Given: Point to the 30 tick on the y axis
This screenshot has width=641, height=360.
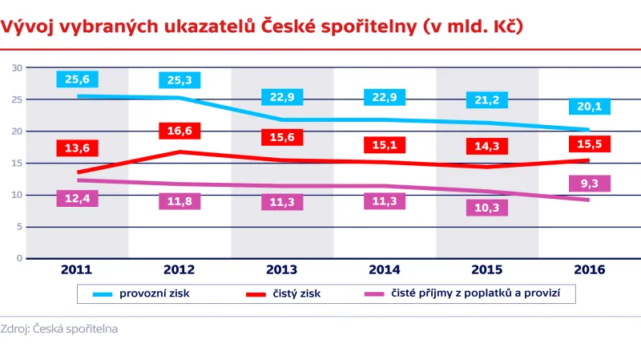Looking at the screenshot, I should click(16, 68).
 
